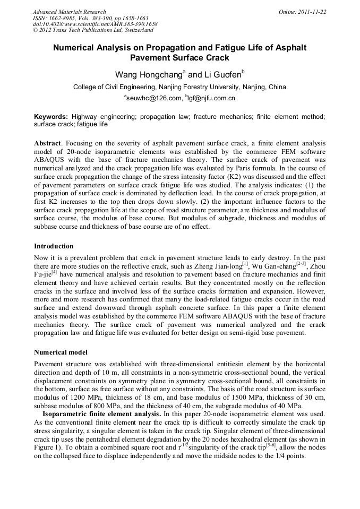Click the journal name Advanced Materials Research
pos(69,11)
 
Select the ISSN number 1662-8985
pos(66,17)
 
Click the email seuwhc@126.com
pos(154,98)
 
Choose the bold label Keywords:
pos(51,116)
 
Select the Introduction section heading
pos(54,246)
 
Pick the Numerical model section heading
pos(61,352)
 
